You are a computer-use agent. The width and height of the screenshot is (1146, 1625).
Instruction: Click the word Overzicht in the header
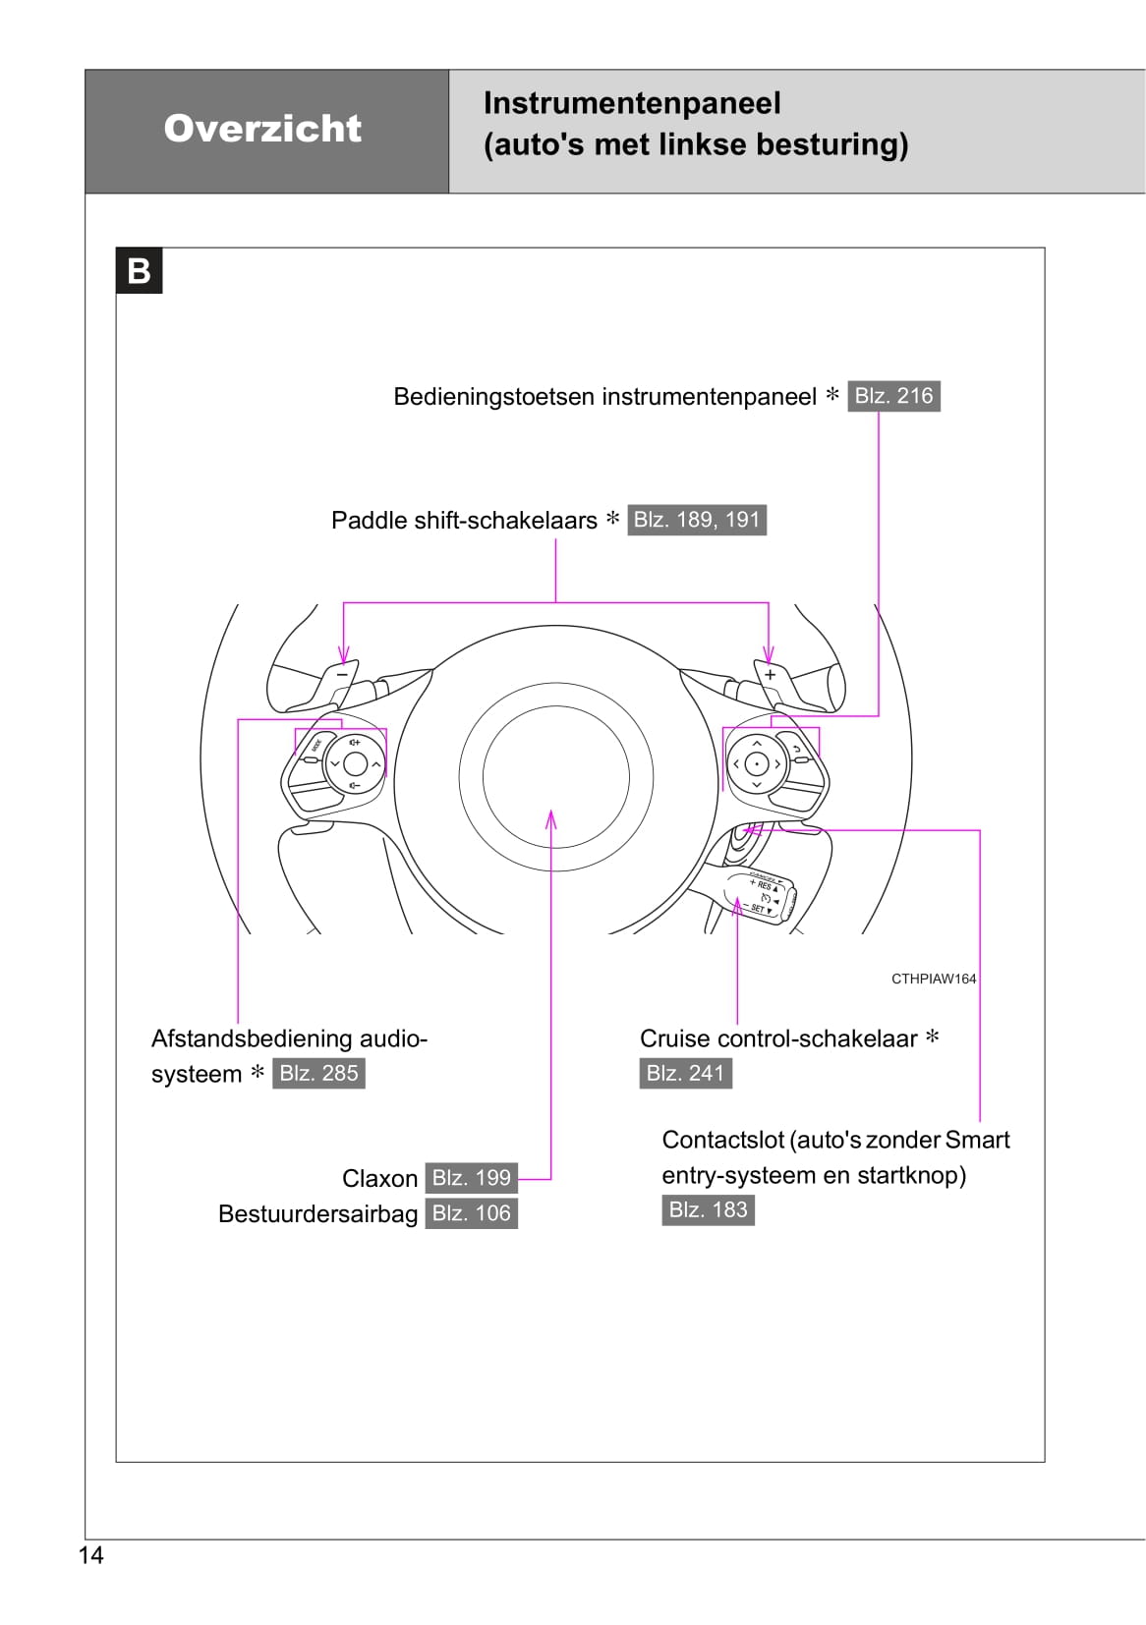point(262,129)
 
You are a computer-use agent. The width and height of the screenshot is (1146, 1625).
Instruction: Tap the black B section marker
point(139,270)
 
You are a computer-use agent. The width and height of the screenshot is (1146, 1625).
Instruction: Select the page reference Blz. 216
point(892,396)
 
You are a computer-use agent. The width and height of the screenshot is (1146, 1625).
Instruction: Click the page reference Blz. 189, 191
point(696,520)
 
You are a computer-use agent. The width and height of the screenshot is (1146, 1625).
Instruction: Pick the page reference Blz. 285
point(318,1073)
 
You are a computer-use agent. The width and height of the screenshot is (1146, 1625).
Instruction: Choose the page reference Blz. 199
point(471,1177)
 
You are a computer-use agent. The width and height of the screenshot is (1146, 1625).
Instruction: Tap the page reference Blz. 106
point(471,1213)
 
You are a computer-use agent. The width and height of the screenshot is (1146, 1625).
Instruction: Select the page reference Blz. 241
point(684,1073)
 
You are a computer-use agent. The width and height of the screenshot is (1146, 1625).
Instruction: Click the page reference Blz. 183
point(708,1209)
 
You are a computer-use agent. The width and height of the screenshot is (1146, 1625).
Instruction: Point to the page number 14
point(90,1554)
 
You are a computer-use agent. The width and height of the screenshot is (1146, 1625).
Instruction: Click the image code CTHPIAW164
point(933,979)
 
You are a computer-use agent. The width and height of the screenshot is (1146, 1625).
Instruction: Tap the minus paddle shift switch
point(342,674)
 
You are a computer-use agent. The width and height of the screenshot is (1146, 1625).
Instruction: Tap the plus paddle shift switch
point(771,675)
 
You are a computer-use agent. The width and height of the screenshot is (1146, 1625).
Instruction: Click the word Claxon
point(379,1178)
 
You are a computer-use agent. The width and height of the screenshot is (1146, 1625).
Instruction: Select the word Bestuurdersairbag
point(317,1214)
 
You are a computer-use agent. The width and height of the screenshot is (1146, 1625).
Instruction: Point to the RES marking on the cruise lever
point(764,885)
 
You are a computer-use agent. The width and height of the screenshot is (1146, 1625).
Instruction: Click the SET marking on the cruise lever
point(758,909)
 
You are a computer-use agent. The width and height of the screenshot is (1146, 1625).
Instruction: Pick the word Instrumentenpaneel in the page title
point(632,103)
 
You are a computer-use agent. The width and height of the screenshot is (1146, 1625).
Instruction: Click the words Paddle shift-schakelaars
point(464,521)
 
